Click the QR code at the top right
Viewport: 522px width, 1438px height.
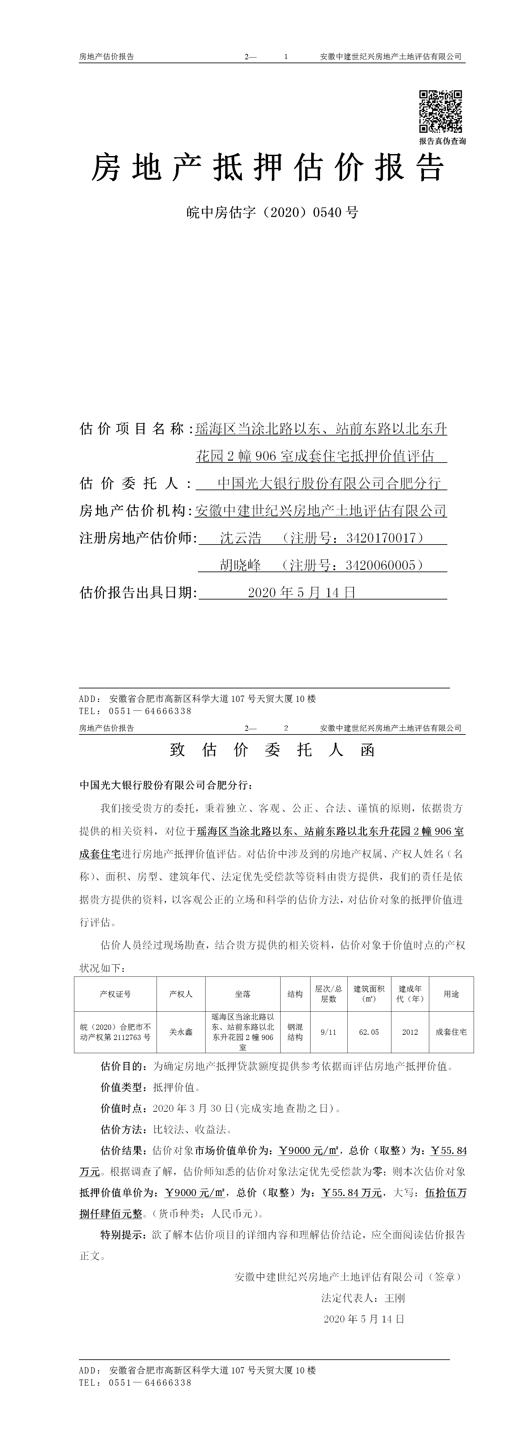click(x=440, y=111)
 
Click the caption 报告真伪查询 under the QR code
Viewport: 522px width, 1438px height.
click(x=442, y=141)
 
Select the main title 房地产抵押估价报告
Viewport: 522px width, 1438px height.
click(x=268, y=168)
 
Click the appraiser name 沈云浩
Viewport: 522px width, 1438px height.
click(x=240, y=538)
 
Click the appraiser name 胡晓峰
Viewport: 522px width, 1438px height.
click(x=240, y=566)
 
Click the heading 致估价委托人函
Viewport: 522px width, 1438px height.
click(x=272, y=750)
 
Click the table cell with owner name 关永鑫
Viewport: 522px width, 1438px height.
click(x=181, y=1032)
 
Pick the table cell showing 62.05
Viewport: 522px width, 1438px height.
click(x=369, y=1032)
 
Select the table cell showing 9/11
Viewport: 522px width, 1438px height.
click(x=329, y=1032)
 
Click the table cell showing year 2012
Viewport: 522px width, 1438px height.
click(x=410, y=1032)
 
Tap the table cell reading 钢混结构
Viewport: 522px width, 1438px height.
click(x=295, y=1032)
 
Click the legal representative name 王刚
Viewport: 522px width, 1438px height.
click(x=395, y=1298)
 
